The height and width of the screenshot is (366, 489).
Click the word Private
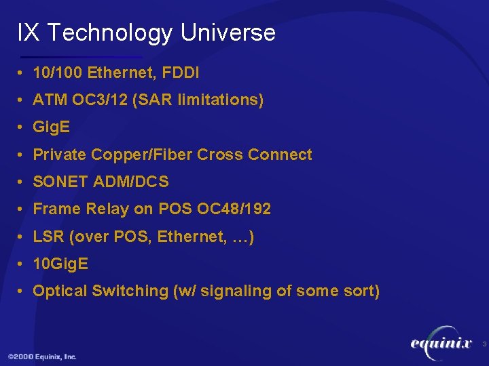[x=59, y=155]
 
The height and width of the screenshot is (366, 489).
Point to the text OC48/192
[x=234, y=209]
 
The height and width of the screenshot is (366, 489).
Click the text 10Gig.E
[x=60, y=264]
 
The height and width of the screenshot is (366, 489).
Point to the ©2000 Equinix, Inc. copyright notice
[x=42, y=357]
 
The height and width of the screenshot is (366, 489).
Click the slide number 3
[x=484, y=345]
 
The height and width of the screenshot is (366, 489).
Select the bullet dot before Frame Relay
[x=22, y=209]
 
